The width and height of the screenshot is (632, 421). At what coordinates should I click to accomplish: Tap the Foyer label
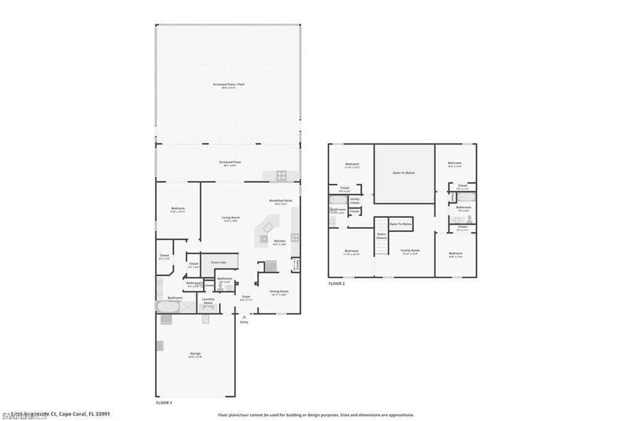tap(246, 298)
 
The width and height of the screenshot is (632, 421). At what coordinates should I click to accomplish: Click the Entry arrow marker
tap(244, 317)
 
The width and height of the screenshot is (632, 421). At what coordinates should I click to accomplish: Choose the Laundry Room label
tap(208, 301)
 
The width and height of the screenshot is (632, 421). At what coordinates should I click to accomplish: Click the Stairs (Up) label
tap(218, 262)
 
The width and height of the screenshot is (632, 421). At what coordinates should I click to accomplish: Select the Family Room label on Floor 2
tap(410, 251)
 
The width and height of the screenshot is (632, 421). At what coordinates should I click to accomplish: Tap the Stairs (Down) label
tap(381, 236)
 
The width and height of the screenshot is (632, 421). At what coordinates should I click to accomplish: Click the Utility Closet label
tap(354, 201)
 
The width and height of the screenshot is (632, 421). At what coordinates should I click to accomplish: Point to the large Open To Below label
tap(404, 173)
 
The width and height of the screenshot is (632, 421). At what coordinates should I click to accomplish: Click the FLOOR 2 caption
tap(336, 283)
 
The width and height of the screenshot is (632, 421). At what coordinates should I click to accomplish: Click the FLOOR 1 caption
tap(164, 402)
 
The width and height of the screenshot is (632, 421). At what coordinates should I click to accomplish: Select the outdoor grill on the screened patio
tap(281, 175)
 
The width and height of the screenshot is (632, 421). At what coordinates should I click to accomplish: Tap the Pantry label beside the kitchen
tap(296, 265)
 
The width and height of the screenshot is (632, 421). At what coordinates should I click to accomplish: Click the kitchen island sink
tap(268, 228)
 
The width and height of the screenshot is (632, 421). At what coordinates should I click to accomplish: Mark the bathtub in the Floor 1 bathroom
tap(168, 307)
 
